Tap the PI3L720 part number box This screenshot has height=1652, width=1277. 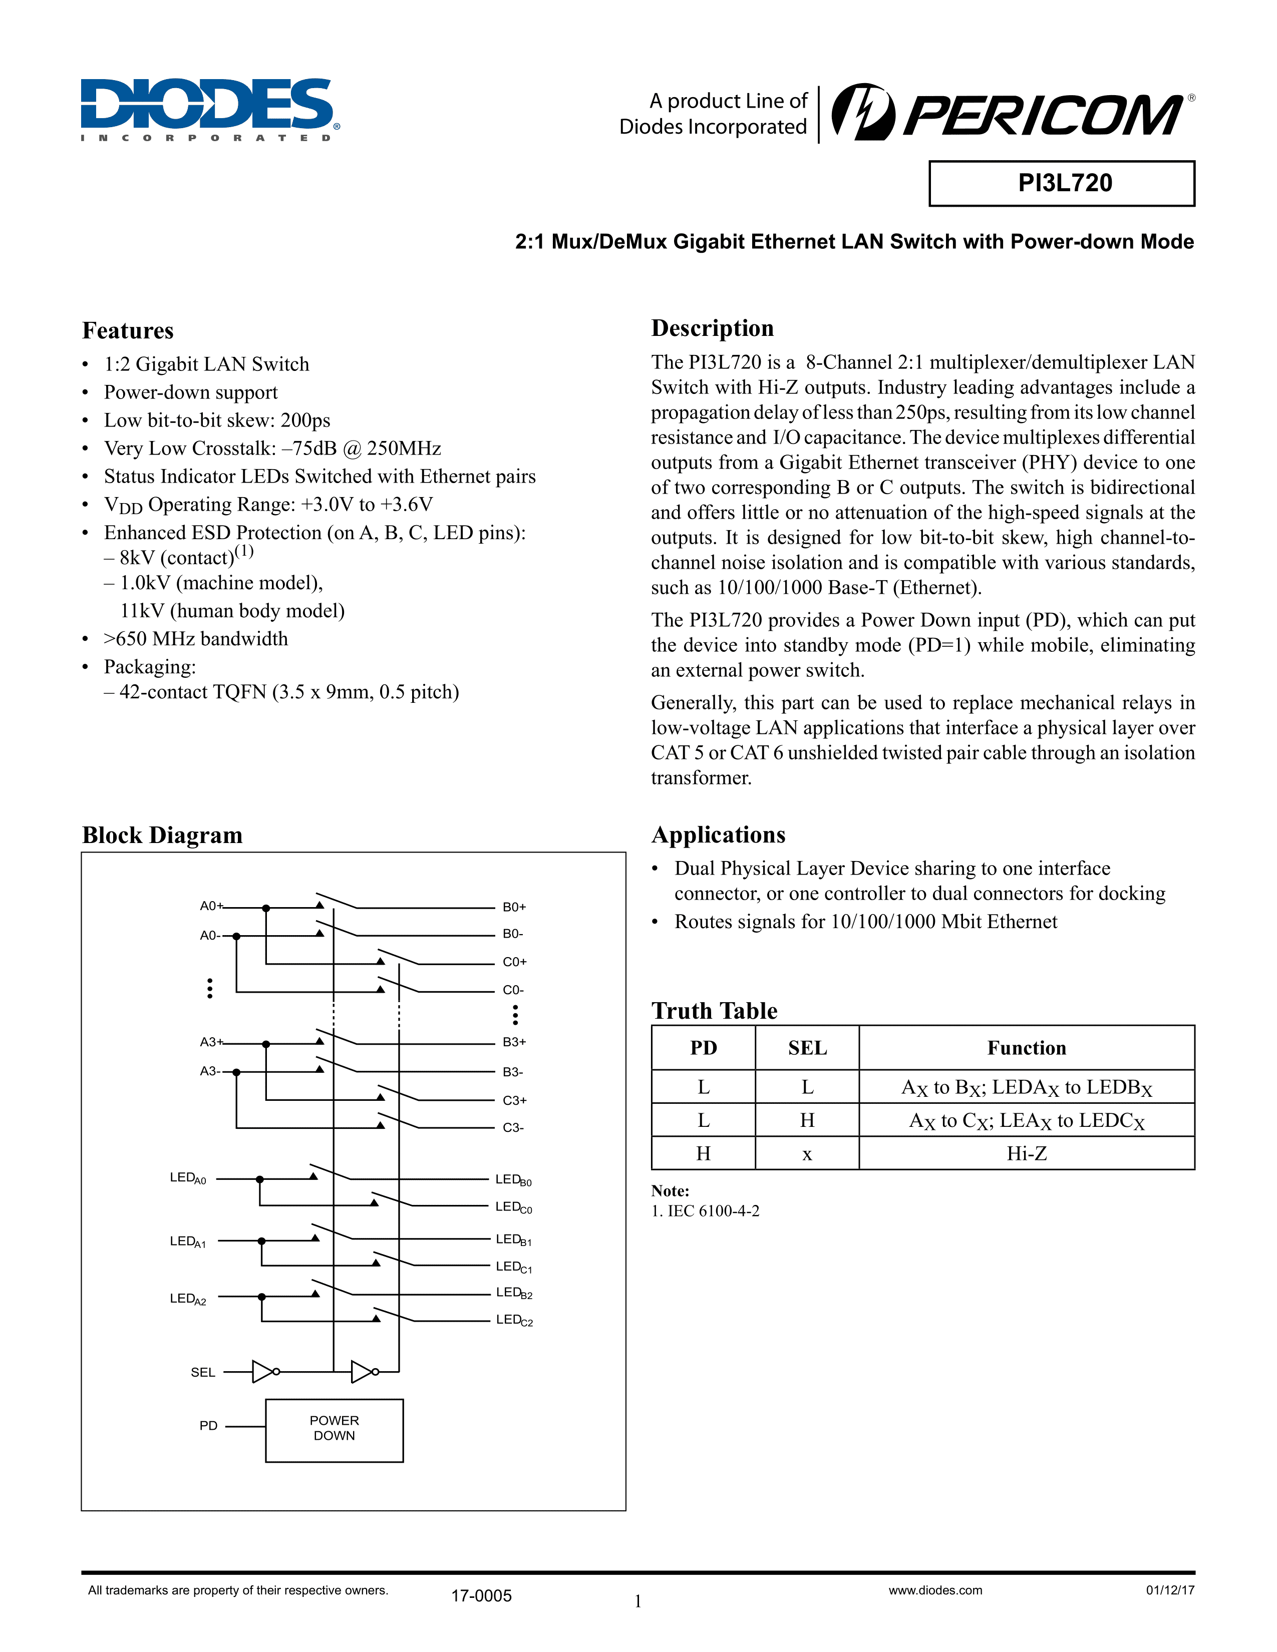tap(1061, 183)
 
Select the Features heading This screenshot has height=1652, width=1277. tap(128, 330)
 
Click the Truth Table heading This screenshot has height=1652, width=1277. tap(714, 1011)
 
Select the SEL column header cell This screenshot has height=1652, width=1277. tap(807, 1048)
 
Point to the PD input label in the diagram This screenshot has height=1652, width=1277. tap(208, 1426)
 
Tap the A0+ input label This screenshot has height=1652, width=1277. tap(211, 906)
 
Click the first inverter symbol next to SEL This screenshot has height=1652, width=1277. tap(264, 1371)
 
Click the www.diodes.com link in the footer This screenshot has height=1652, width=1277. tap(935, 1590)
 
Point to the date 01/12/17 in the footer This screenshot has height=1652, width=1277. tap(1169, 1590)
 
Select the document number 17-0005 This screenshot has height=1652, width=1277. tap(481, 1596)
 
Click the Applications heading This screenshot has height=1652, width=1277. tap(718, 835)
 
